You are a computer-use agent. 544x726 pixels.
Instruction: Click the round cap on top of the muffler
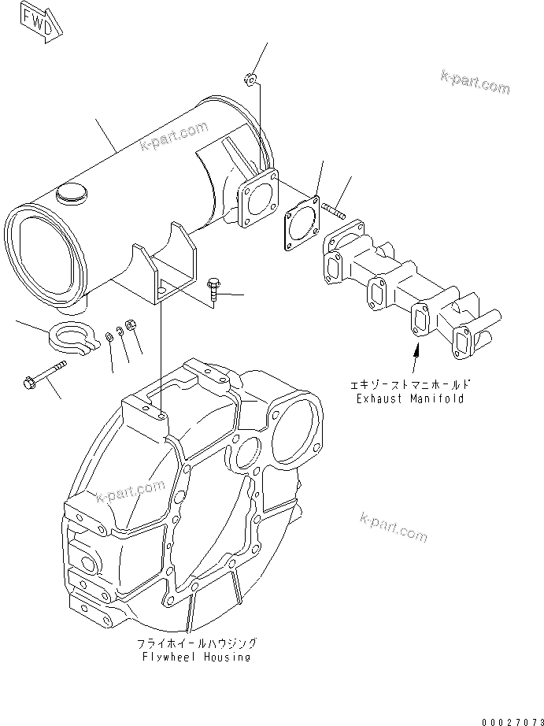coord(70,193)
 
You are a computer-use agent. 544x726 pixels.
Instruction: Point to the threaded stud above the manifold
coord(334,209)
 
